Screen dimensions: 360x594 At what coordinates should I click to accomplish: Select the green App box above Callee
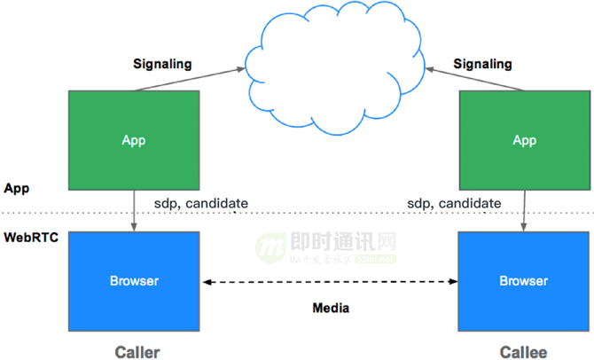tap(524, 139)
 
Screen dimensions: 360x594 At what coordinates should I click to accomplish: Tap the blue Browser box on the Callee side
tap(524, 281)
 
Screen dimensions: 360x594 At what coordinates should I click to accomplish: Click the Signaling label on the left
tap(162, 64)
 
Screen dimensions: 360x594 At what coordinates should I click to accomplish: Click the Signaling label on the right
tap(482, 64)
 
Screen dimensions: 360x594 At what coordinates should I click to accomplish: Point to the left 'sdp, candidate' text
tap(201, 203)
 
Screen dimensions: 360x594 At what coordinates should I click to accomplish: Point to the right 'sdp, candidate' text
tap(454, 203)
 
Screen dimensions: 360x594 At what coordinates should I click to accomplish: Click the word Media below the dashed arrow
tap(331, 309)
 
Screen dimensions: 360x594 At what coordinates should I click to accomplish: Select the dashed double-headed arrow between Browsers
tap(330, 282)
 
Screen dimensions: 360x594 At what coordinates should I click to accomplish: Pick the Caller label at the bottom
tap(137, 351)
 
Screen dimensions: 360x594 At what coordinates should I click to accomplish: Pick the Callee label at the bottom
tap(523, 351)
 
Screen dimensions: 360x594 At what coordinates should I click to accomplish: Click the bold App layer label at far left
tap(17, 188)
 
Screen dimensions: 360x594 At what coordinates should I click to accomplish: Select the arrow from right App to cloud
tap(475, 78)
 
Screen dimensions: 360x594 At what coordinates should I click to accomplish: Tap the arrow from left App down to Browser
tap(134, 210)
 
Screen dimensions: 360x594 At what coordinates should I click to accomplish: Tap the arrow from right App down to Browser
tap(524, 210)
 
